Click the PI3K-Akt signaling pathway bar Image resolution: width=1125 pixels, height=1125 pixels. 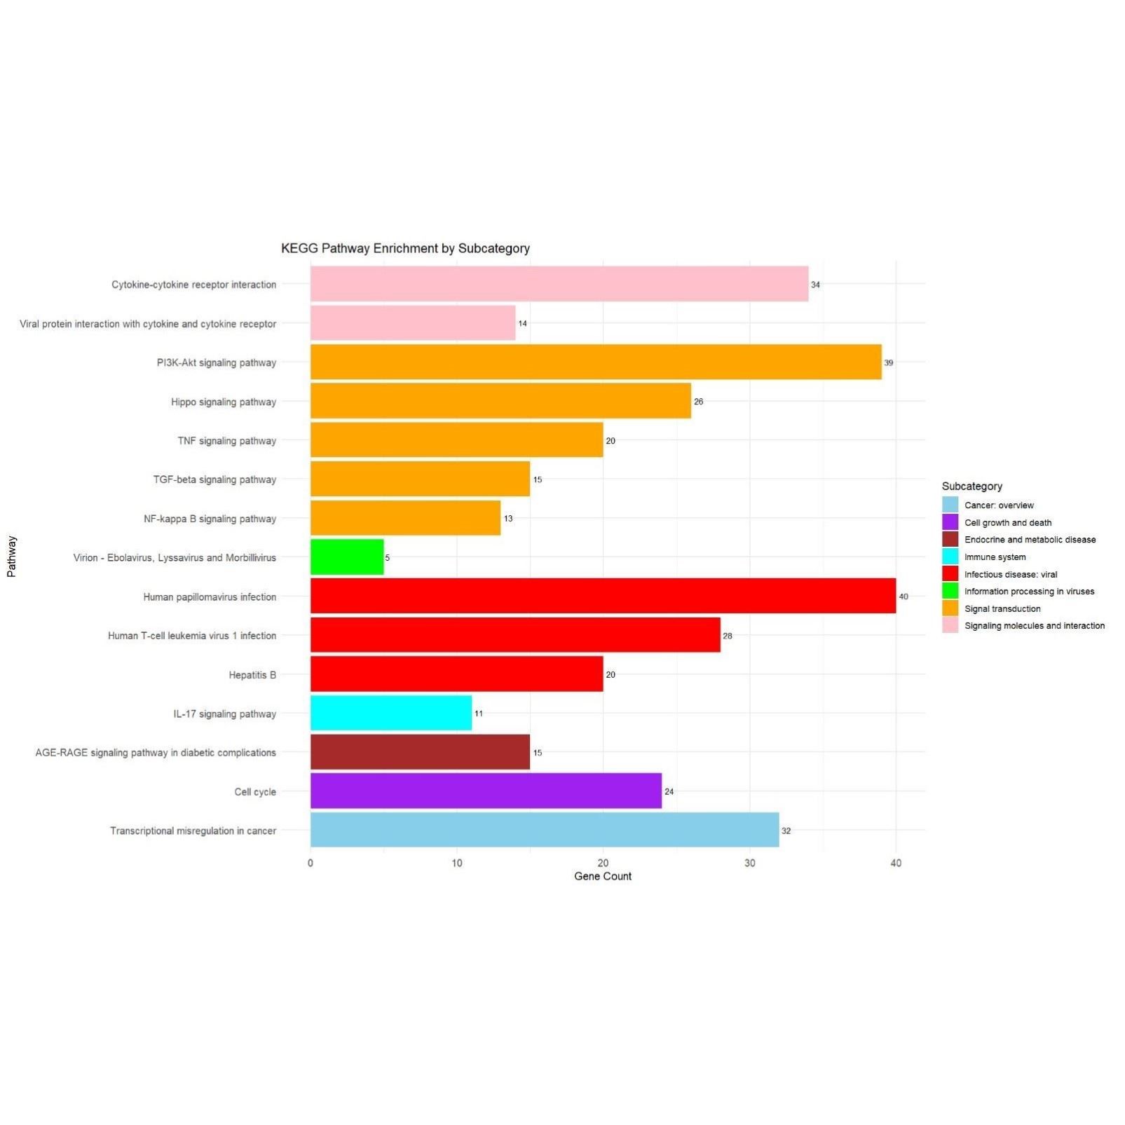(596, 362)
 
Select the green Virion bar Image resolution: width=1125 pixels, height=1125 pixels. (347, 557)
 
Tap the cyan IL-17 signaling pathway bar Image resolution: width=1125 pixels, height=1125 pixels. (391, 713)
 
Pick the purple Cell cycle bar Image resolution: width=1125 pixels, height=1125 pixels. (486, 791)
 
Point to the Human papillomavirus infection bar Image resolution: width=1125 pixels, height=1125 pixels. (603, 596)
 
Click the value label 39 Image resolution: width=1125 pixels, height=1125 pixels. (889, 362)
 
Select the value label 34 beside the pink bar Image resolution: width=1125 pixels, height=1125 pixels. (815, 285)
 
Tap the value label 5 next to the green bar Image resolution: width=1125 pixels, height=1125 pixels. (388, 557)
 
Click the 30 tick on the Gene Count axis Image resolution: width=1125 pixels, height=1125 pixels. (749, 863)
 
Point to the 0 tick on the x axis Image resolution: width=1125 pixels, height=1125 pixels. (311, 863)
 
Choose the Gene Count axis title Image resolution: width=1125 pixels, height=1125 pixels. (603, 876)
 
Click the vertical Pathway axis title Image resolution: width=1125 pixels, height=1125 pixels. (11, 557)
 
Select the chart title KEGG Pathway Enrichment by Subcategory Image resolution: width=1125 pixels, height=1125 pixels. (405, 248)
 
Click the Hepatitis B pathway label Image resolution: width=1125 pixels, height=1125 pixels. (252, 674)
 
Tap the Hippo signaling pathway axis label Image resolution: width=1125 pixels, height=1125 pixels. (224, 402)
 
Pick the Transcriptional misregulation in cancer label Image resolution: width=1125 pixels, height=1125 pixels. (193, 831)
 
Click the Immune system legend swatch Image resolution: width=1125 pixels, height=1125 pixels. (950, 557)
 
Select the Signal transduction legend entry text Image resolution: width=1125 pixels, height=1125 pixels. (1002, 608)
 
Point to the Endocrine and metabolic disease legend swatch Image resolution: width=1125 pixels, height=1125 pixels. (950, 539)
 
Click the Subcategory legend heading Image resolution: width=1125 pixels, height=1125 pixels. (971, 486)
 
